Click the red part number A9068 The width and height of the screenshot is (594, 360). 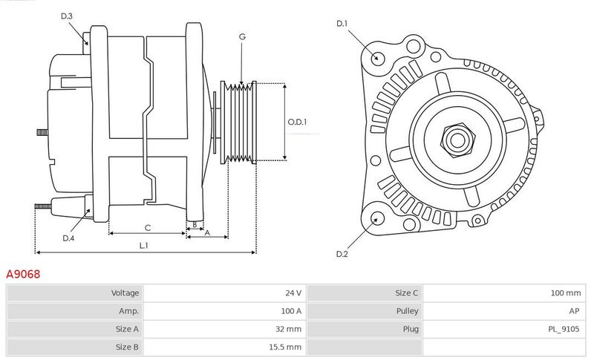[23, 274]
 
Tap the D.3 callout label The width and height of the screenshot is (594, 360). [66, 16]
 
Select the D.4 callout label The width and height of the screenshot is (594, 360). [68, 238]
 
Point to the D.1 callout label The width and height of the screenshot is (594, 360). [342, 24]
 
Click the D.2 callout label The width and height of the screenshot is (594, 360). [342, 254]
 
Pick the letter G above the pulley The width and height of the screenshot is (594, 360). [242, 36]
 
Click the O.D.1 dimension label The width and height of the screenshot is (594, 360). [298, 122]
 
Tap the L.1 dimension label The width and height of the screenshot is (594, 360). [143, 246]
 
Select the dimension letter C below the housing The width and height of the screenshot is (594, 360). [148, 228]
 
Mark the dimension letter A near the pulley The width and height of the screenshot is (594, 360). [207, 233]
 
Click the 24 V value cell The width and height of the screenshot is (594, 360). [293, 293]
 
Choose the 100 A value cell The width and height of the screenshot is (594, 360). [291, 311]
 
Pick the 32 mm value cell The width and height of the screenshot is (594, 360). [288, 329]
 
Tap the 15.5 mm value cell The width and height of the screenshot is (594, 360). [285, 347]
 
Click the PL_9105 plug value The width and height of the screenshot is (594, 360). [564, 330]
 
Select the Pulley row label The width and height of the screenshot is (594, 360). [407, 311]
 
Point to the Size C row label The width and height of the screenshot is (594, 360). [407, 293]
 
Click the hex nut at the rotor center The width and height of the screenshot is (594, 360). [457, 140]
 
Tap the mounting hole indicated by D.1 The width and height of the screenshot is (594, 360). [376, 58]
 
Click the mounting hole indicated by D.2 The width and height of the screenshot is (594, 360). [376, 219]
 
